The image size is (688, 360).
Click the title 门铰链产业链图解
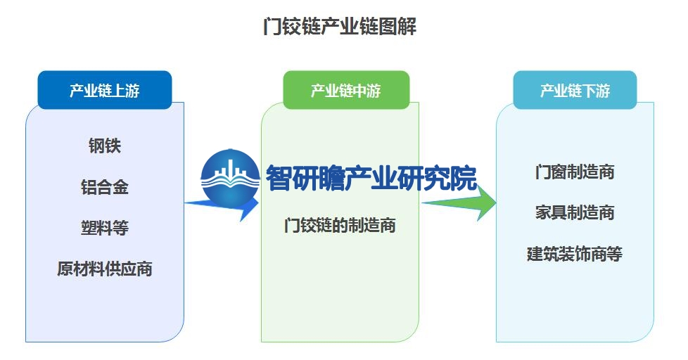click(340, 27)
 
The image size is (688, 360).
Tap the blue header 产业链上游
click(104, 90)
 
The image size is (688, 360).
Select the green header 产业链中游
click(346, 90)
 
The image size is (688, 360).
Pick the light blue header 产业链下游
click(575, 90)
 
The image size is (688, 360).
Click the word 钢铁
click(104, 146)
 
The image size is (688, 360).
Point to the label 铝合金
click(104, 187)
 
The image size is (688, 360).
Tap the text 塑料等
click(104, 228)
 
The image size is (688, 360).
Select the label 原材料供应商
click(104, 269)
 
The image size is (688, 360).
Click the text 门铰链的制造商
click(340, 226)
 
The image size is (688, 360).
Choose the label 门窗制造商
click(575, 172)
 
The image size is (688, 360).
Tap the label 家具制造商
click(575, 212)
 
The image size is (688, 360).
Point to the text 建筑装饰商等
click(575, 254)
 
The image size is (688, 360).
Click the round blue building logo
click(230, 179)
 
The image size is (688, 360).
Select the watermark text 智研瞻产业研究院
click(371, 179)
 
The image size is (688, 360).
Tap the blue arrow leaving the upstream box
click(222, 205)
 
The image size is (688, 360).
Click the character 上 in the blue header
click(118, 91)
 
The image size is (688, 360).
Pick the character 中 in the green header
click(359, 91)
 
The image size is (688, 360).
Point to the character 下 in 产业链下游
click(589, 91)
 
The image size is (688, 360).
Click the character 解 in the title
click(407, 27)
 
